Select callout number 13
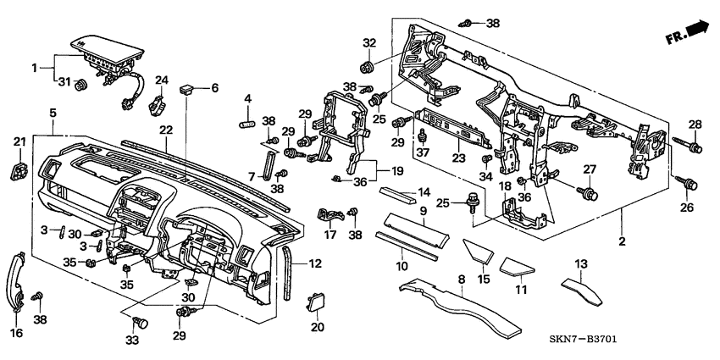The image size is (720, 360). [581, 263]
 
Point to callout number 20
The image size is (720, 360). [318, 328]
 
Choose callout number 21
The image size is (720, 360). [19, 142]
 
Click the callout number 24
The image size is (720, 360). [160, 80]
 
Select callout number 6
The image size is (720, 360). [214, 87]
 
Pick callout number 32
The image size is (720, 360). [368, 42]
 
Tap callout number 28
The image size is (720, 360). [695, 125]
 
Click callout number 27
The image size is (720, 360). [590, 169]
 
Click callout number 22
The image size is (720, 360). [165, 129]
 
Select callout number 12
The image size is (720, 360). [315, 264]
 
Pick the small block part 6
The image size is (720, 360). [189, 87]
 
